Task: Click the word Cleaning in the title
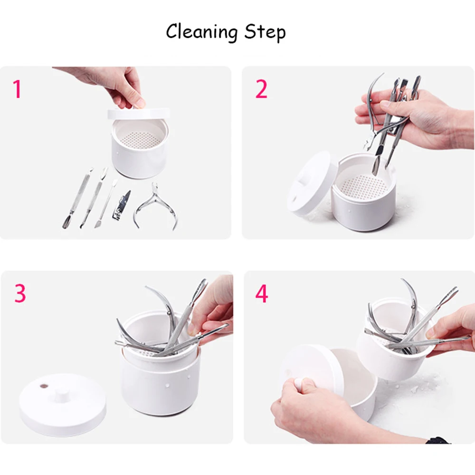[x=202, y=32]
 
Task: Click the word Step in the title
[x=265, y=32]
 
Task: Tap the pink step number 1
[x=17, y=89]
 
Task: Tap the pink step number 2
[x=261, y=89]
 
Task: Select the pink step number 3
[x=20, y=293]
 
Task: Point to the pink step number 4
[x=262, y=294]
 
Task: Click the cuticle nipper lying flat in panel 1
[x=155, y=206]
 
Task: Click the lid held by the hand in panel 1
[x=139, y=114]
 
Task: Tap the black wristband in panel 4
[x=438, y=440]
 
